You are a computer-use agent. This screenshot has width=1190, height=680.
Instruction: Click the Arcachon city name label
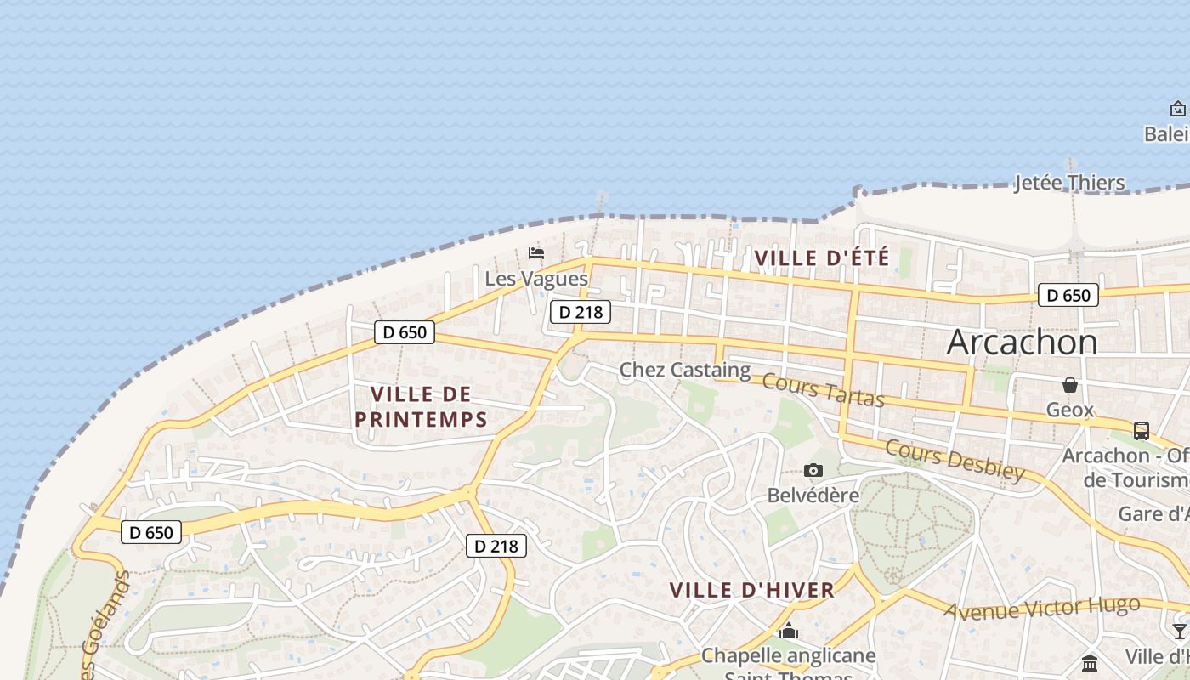coord(1022,342)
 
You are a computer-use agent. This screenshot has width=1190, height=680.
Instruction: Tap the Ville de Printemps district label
coord(421,406)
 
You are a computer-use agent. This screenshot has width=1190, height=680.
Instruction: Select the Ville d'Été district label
coord(822,258)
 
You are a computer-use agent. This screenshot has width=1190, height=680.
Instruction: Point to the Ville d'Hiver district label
coord(751,590)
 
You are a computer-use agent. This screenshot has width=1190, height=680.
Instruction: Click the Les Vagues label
coord(536,279)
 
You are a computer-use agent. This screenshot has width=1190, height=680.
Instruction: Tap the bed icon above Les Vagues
coord(536,253)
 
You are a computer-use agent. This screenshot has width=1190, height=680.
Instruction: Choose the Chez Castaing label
coord(685,370)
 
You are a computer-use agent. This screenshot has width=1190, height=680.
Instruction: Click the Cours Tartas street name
coord(823,389)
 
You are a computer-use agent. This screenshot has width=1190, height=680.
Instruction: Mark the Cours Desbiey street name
coord(954,460)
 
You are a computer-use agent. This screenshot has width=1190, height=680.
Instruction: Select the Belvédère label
coord(813,495)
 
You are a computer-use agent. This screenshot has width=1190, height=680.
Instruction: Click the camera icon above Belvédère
coord(813,470)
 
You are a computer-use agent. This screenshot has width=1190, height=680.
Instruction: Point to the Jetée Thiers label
coord(1069,183)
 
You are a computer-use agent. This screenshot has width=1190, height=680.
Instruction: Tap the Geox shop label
coord(1069,410)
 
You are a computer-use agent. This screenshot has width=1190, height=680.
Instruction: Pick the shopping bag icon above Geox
coord(1070,386)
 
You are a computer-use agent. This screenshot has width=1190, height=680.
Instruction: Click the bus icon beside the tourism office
coord(1142,431)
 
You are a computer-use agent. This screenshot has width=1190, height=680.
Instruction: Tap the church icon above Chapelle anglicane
coord(789,632)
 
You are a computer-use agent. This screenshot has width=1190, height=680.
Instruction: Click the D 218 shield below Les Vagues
coord(581,312)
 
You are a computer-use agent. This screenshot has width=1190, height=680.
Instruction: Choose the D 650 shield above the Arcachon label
coord(1068,296)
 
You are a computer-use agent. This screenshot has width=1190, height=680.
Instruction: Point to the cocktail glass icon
coord(1179,631)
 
